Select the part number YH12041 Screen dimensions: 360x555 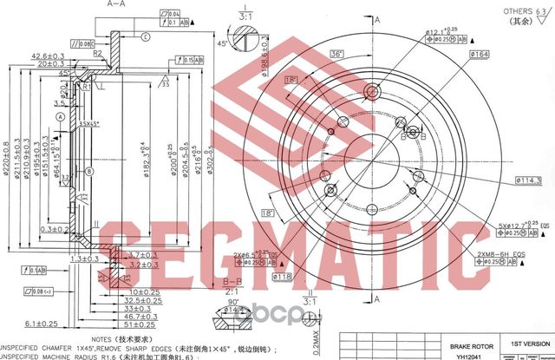click(x=461, y=355)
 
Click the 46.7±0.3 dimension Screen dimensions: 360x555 click(x=136, y=317)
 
